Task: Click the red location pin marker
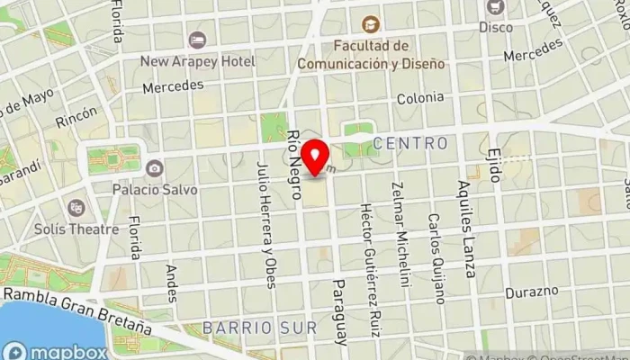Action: coord(315,157)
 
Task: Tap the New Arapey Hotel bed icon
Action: coord(197,40)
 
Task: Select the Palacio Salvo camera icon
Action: coord(155,168)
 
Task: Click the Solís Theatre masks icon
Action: coord(76,207)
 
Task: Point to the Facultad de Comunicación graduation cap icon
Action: coord(368,25)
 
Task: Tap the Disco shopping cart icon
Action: coord(494,7)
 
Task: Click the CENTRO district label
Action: coord(409,143)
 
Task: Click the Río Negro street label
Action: coord(293,152)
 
